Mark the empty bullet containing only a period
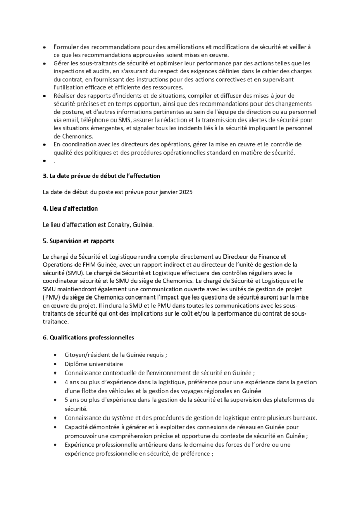(54, 161)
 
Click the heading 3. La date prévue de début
(101, 176)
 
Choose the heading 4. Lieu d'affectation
(70, 208)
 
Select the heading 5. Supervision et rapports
(78, 241)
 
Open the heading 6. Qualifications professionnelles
(88, 338)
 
